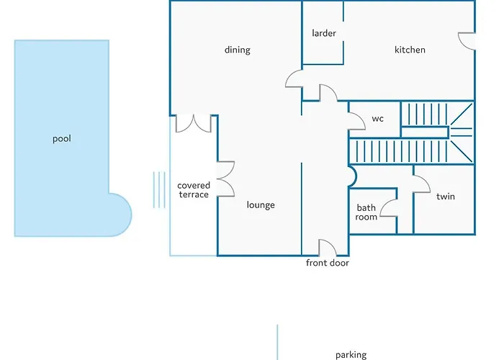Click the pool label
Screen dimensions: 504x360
click(62, 139)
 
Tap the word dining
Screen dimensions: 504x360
click(237, 50)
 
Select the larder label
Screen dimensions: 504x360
click(324, 33)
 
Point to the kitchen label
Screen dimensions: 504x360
click(410, 50)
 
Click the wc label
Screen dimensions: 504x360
click(378, 119)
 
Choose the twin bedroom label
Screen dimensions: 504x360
click(446, 197)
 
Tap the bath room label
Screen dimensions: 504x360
click(366, 212)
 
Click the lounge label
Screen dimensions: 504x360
click(261, 205)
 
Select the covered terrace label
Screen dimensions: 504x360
click(194, 190)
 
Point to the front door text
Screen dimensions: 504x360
click(327, 263)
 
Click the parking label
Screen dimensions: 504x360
click(351, 355)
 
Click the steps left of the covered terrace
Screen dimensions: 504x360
click(159, 189)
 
